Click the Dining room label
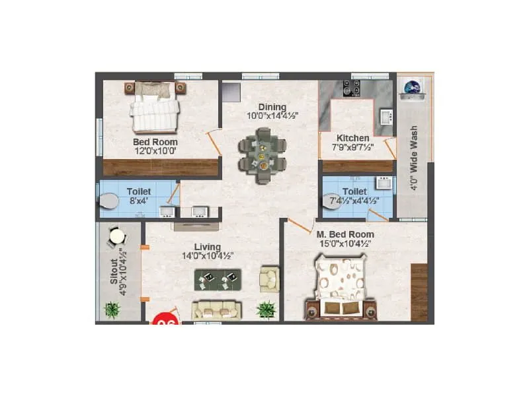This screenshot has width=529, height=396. tap(272, 107)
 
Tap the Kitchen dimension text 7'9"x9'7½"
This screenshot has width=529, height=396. tap(353, 147)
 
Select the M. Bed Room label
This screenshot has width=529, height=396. tap(345, 234)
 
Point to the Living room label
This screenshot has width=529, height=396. tap(207, 246)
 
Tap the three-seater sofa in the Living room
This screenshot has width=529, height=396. tap(216, 309)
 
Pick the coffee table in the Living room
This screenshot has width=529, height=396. tap(218, 280)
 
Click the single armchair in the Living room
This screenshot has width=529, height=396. tap(270, 279)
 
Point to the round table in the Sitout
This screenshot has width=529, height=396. tap(117, 236)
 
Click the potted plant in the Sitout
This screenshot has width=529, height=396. tap(112, 309)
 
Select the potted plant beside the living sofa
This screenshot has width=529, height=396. tap(266, 309)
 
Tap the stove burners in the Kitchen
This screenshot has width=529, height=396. tap(351, 88)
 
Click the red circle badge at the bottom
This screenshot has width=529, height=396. tap(165, 321)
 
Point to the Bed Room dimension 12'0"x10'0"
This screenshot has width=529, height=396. tap(155, 151)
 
